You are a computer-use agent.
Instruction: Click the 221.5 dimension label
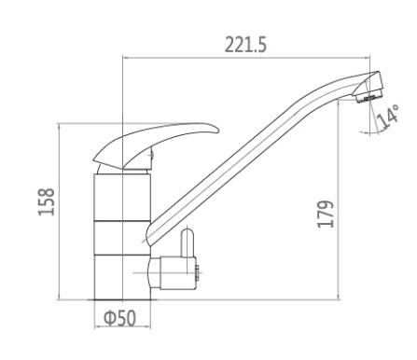coord(245,45)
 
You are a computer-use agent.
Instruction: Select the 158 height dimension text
coord(47,202)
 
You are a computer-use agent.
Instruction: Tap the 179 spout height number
coord(326,215)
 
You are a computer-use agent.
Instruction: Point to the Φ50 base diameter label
coord(119,318)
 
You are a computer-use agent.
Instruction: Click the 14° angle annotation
coord(387,118)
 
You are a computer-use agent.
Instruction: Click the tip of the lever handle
coord(218,131)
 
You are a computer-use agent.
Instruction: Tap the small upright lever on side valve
coord(188,243)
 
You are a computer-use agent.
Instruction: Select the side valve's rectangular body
coord(177,273)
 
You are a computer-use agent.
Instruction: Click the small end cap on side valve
coord(197,273)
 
